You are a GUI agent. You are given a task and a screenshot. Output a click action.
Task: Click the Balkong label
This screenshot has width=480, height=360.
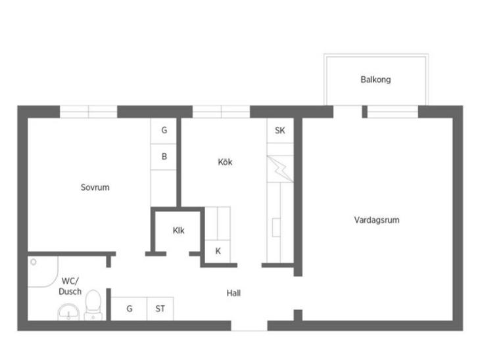click(375, 79)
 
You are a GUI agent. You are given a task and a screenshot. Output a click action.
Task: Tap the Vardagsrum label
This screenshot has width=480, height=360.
click(377, 220)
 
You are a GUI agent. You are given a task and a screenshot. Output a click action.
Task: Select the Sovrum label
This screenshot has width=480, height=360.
click(95, 187)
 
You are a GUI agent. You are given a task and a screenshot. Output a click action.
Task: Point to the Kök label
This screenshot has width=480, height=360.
click(225, 162)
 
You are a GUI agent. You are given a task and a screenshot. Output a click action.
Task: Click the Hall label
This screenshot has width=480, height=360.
click(233, 293)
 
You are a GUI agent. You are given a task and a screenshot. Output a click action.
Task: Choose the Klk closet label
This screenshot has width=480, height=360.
click(178, 231)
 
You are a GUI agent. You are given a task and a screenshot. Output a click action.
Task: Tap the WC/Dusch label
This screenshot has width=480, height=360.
click(70, 286)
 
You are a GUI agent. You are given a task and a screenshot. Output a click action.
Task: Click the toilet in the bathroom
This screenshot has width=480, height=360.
click(93, 305)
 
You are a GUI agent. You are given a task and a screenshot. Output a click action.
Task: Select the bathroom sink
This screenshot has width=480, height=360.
click(68, 312)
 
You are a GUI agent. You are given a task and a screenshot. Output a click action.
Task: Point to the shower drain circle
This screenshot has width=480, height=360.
click(34, 262)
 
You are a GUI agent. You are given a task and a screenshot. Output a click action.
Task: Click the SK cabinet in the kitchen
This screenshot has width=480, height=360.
click(280, 131)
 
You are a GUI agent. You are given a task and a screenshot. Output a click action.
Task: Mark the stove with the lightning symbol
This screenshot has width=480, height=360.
click(280, 169)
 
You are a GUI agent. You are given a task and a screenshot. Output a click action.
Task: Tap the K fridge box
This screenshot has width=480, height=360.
click(218, 251)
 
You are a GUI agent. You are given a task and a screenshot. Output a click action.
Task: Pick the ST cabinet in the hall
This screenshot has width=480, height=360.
click(160, 309)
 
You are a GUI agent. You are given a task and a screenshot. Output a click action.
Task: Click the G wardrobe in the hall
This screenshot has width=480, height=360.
click(129, 309)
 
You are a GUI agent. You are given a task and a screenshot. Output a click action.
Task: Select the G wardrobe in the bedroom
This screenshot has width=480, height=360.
click(164, 131)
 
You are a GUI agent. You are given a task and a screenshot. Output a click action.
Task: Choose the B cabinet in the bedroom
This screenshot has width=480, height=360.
click(164, 156)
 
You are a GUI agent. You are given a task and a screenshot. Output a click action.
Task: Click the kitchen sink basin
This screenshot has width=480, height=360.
click(276, 227)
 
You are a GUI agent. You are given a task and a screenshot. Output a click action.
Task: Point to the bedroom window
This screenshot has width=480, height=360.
click(89, 112)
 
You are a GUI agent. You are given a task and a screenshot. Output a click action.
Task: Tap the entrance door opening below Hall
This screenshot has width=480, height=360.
click(249, 326)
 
